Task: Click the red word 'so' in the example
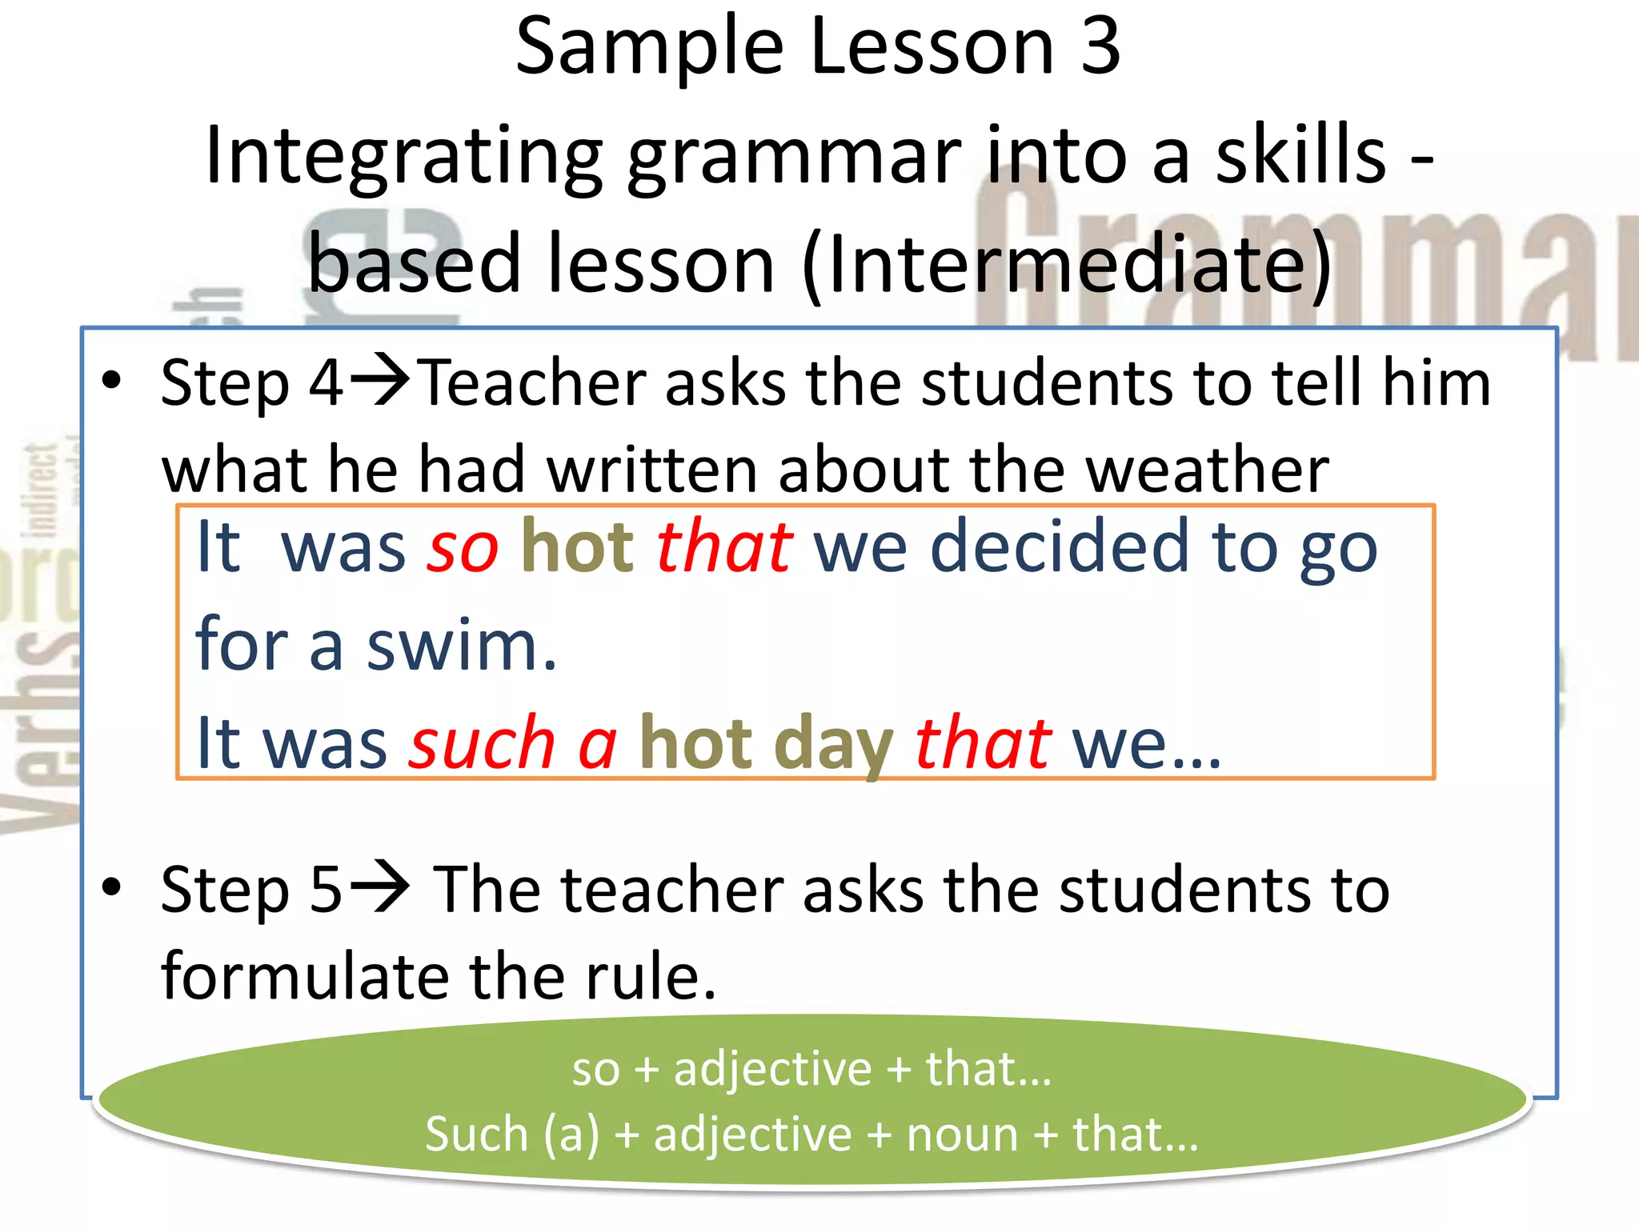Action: coord(463,549)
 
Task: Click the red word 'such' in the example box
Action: coord(482,743)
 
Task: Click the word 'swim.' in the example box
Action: coord(462,647)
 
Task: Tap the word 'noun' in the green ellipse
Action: coord(962,1135)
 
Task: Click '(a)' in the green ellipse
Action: coord(571,1135)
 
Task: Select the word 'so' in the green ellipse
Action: coord(595,1071)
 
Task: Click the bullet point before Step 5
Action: coord(112,887)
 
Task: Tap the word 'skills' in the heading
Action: coord(1300,156)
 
